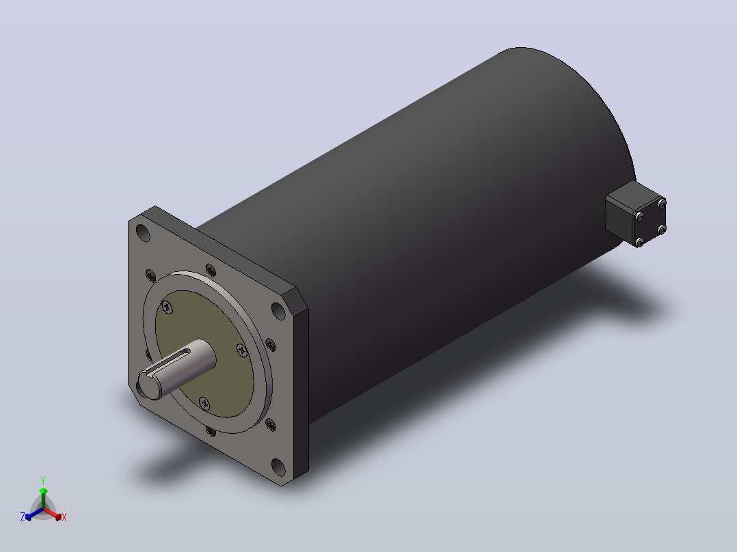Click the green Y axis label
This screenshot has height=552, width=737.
43,480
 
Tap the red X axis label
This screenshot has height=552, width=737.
64,517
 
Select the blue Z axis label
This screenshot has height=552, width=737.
23,516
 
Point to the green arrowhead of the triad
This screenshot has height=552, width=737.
43,491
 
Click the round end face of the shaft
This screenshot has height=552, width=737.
149,385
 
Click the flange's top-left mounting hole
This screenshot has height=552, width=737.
143,233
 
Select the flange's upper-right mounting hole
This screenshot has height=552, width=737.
278,311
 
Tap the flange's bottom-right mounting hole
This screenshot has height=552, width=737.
278,467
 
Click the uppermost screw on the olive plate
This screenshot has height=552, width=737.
167,307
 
